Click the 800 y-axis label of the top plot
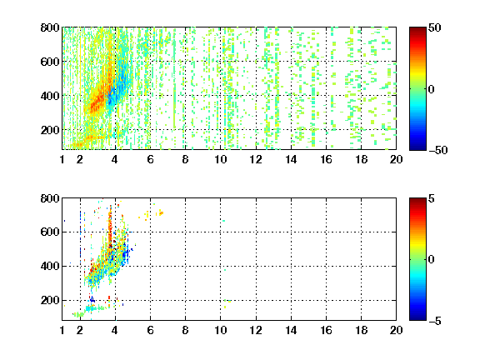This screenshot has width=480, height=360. pos(50,27)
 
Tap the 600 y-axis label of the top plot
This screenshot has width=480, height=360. pos(50,62)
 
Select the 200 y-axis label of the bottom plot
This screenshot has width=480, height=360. pos(50,300)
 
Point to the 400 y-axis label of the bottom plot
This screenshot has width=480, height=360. pos(50,266)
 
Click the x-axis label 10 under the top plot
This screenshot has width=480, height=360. pos(220,159)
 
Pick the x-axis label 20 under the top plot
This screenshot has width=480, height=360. pos(396,159)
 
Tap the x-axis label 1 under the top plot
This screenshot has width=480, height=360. pos(62,159)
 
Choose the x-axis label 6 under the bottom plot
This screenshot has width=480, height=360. pos(150,330)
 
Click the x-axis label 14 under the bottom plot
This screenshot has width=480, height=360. pos(291,330)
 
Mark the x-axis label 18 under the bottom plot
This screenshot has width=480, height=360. pos(361,330)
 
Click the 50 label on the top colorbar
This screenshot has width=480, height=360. pos(434,27)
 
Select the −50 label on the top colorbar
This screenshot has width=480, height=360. pos(437,150)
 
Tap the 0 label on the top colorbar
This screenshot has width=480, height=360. pos(432,89)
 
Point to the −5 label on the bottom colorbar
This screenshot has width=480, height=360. pos(435,321)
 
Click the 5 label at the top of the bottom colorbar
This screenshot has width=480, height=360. pos(432,198)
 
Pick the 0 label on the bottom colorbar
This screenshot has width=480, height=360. pos(432,260)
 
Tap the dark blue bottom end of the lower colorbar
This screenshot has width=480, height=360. pos(417,318)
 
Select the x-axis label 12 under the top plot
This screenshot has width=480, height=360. pos(256,159)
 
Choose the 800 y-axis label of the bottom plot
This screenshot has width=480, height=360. pos(50,198)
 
